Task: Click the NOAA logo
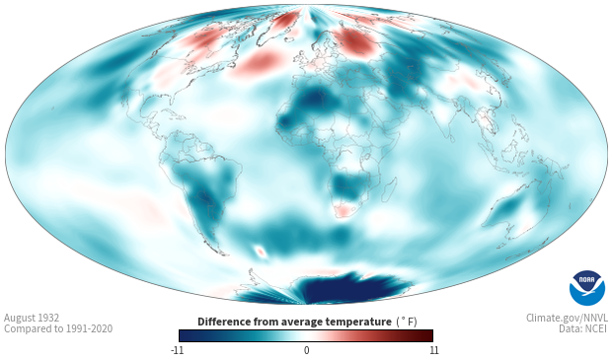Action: (x=587, y=288)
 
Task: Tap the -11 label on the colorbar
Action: (x=177, y=350)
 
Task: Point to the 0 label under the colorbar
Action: (x=306, y=350)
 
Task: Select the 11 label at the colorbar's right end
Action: (x=433, y=350)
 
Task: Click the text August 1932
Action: (x=32, y=318)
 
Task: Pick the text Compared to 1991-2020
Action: (x=58, y=328)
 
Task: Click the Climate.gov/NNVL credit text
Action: (x=567, y=318)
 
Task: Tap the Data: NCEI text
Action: (x=583, y=328)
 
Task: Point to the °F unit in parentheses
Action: (x=407, y=323)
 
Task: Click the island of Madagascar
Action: (x=389, y=190)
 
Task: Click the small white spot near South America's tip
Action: (x=261, y=251)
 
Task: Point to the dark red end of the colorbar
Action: (x=427, y=335)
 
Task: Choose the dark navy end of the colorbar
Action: (x=186, y=335)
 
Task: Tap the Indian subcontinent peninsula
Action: (x=445, y=125)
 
